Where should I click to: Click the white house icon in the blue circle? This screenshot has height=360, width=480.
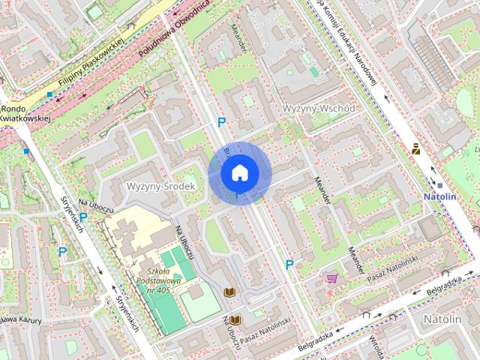239,172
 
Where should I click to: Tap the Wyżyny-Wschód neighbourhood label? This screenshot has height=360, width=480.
319,108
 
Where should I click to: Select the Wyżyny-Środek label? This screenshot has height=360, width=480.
160,185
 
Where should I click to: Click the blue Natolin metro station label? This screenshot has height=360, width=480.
439,196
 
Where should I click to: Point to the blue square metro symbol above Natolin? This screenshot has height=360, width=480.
440,184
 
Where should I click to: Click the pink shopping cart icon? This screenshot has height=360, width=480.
331,278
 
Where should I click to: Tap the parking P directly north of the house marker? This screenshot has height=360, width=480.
221,122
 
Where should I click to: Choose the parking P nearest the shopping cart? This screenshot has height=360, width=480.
289,264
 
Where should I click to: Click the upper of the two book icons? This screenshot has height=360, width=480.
229,291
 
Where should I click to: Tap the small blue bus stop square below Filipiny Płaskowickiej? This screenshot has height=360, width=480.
49,94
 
